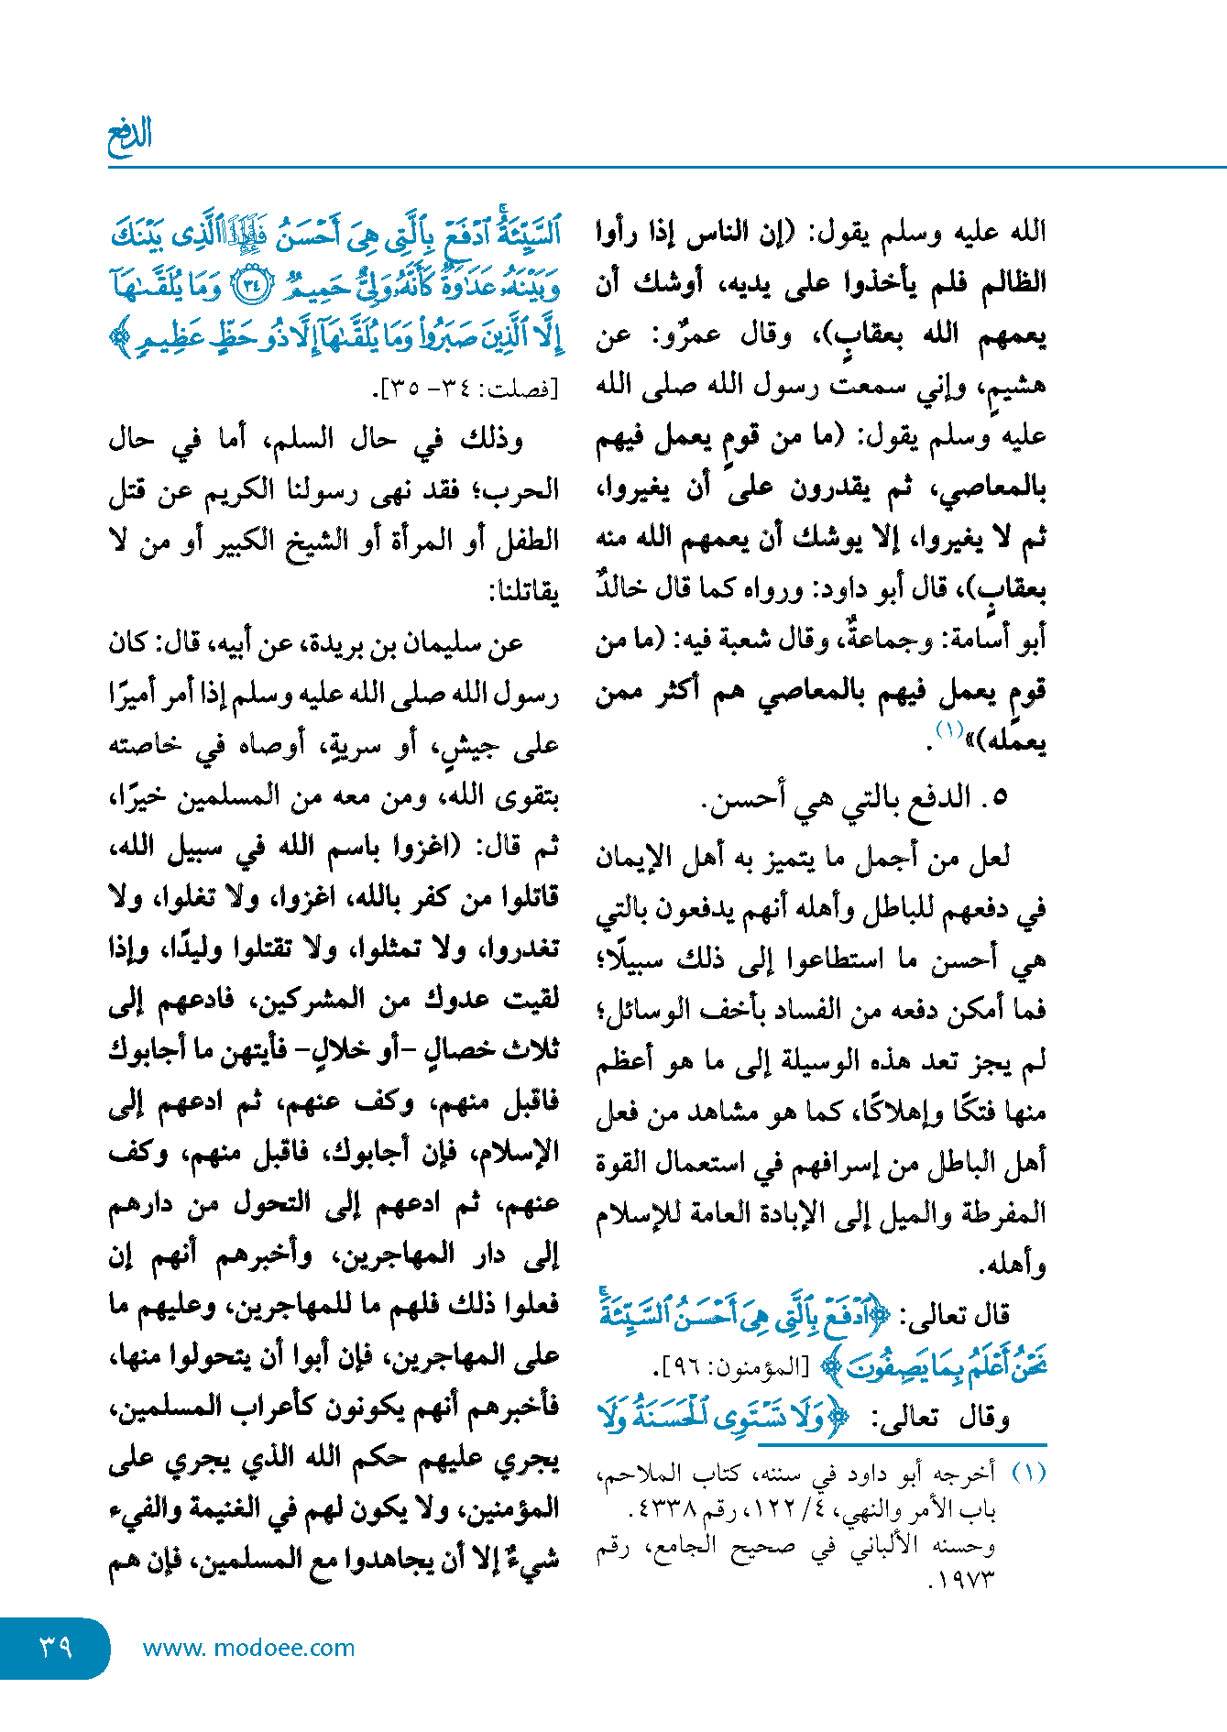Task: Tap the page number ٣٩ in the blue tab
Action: coord(55,1647)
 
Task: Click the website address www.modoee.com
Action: coord(248,1648)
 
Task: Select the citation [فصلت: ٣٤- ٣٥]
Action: coord(468,389)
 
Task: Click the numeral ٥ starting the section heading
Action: coord(1000,797)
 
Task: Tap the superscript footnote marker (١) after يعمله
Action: coord(948,730)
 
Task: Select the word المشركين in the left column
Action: coord(312,1001)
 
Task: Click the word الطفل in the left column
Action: coord(527,541)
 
